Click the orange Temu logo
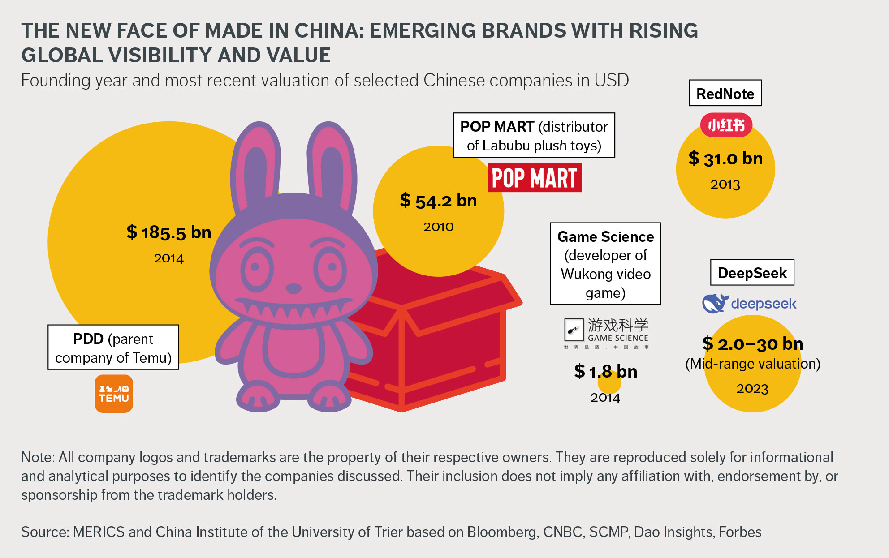coord(114,394)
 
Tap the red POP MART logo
coord(535,178)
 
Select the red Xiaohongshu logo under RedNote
coord(726,125)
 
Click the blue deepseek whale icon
coord(715,303)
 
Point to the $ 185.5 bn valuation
coord(169,232)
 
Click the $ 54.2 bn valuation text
coord(438,201)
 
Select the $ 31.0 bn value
coord(725,159)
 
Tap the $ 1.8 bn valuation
coord(605,372)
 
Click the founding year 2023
coord(752,388)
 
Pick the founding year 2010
coord(438,227)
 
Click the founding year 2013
coord(725,185)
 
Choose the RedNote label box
coord(725,93)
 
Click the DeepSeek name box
coord(752,273)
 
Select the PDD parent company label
coord(113,348)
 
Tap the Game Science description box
coord(605,264)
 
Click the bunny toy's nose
coord(293,288)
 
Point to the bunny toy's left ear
coord(255,166)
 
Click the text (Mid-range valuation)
coord(753,364)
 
